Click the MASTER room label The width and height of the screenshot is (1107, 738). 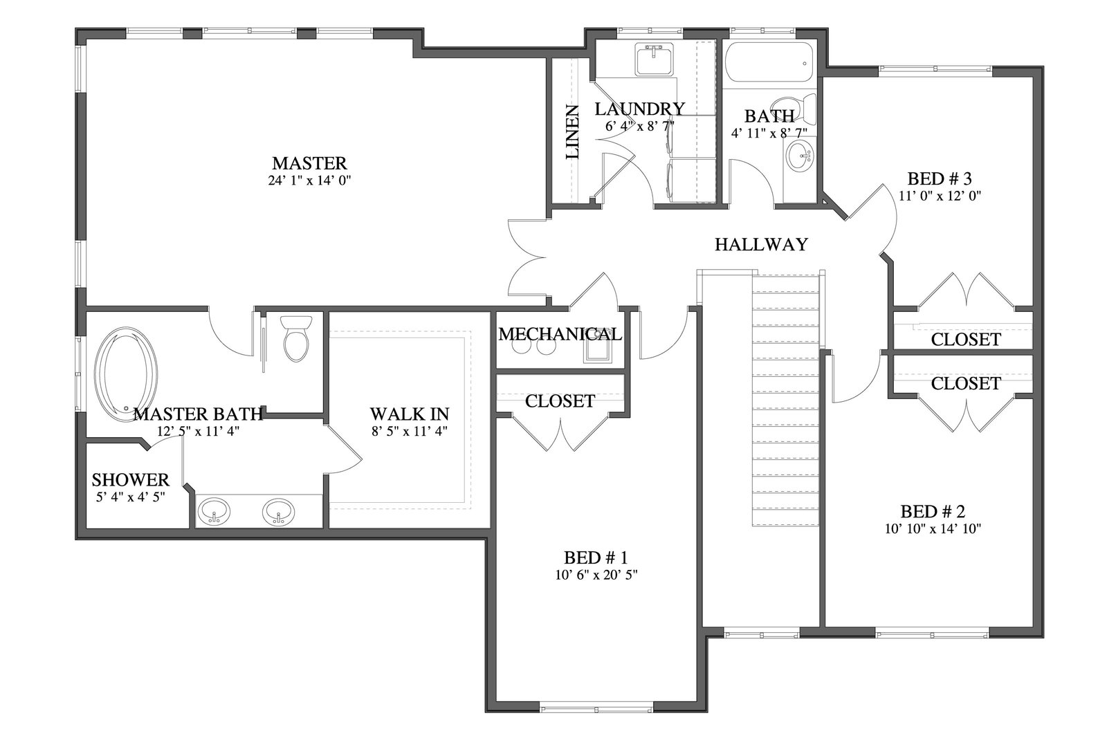point(309,163)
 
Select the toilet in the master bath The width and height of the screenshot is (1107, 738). point(296,338)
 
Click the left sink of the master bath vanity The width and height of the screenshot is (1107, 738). point(214,512)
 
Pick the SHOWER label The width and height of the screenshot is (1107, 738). point(131,479)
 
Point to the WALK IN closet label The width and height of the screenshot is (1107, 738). point(410,414)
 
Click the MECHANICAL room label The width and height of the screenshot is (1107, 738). point(560,335)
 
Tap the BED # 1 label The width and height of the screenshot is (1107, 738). point(596,557)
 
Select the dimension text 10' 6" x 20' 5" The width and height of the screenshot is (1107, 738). point(596,575)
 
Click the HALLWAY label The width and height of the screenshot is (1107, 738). point(761,245)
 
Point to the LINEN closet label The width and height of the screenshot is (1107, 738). point(572,132)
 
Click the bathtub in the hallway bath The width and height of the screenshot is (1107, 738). point(769,63)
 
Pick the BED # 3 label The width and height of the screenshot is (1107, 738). point(940,178)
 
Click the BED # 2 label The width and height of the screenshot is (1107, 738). point(933,511)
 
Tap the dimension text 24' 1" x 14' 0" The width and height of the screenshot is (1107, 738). point(309,181)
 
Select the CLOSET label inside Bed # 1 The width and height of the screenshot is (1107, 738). point(560,401)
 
